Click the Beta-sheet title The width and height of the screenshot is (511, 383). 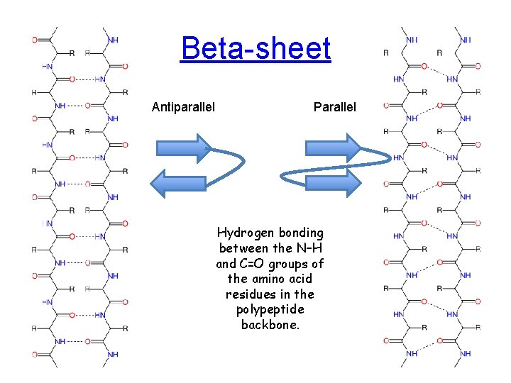point(255,49)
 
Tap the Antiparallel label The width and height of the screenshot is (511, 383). point(183,108)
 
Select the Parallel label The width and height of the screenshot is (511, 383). point(335,108)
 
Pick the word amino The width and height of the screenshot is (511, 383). point(269,279)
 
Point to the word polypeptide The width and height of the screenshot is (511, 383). point(270,309)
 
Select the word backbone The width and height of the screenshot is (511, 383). point(270,324)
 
